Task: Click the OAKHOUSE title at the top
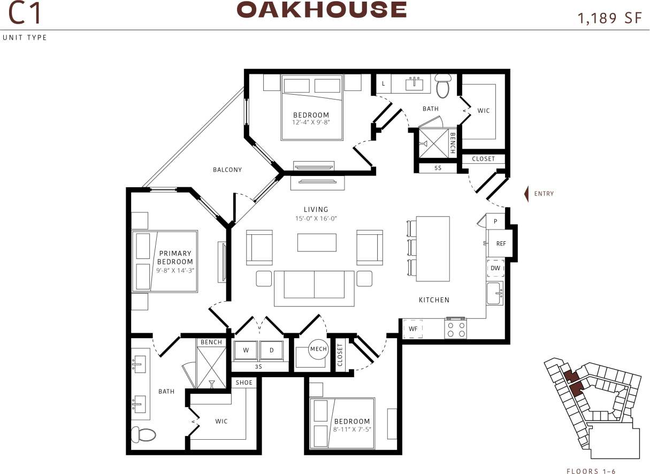(322, 10)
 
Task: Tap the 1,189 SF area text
(609, 18)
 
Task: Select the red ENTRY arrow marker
(526, 194)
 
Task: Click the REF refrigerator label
(501, 243)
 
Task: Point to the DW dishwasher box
(495, 268)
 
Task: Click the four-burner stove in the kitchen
(456, 329)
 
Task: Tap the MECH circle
(318, 349)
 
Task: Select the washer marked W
(246, 350)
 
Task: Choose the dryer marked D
(271, 350)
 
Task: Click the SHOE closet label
(244, 383)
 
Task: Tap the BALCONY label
(227, 170)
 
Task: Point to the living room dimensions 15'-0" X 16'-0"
(316, 218)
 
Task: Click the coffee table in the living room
(317, 242)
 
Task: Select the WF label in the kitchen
(413, 328)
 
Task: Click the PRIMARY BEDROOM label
(174, 257)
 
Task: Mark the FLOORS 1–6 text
(591, 471)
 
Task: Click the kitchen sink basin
(494, 293)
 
